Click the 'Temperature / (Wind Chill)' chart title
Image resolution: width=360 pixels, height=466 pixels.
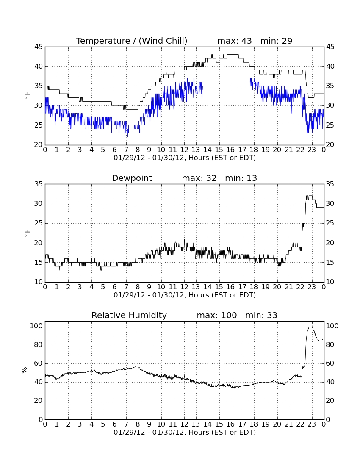(132, 41)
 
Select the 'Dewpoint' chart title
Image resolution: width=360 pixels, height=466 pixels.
(132, 178)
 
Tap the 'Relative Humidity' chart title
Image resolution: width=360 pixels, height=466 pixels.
(129, 315)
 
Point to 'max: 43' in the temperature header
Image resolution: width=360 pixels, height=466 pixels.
(235, 41)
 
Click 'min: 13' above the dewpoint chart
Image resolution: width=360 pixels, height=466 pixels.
(241, 178)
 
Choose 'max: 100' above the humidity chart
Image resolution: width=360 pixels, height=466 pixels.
(217, 315)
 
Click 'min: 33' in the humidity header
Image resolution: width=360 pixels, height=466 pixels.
(261, 315)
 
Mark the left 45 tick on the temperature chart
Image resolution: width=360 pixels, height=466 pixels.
(39, 47)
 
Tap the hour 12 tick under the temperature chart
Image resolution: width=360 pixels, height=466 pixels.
(184, 150)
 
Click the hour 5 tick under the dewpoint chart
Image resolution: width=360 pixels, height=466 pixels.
(103, 287)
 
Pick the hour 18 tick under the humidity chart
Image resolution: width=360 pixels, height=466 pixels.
(254, 424)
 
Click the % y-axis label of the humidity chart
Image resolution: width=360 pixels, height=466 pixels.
(25, 370)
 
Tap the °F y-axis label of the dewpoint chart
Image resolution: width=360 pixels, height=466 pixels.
(26, 233)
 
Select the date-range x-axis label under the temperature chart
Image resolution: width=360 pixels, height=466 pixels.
(185, 158)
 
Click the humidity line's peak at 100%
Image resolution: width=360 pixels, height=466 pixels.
(310, 326)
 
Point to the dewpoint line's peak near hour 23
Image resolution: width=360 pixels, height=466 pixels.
(309, 196)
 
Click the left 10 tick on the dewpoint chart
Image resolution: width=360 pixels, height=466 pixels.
(39, 282)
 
